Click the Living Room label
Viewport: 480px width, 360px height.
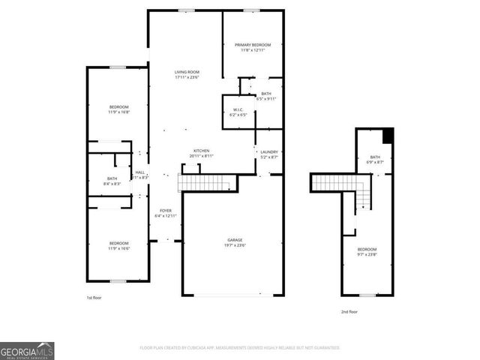tap(185, 73)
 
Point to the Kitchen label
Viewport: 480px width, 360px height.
tap(201, 153)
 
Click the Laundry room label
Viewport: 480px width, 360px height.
tap(269, 154)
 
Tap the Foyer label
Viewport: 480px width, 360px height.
tap(165, 213)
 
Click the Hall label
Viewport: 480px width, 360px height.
tap(139, 175)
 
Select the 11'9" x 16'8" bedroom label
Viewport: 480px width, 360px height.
tap(119, 109)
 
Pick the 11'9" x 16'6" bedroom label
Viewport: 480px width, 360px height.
tap(118, 245)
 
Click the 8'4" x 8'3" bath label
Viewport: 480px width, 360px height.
tap(112, 181)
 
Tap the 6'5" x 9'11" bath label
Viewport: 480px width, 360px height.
tap(266, 96)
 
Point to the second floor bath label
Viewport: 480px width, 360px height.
tap(375, 159)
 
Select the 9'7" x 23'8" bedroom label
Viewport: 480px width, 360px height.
tap(367, 251)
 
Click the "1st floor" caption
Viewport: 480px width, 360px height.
tap(94, 298)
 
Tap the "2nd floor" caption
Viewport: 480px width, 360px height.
tap(349, 311)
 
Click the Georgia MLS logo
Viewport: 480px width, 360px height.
tap(27, 350)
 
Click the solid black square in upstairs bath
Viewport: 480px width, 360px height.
tap(388, 135)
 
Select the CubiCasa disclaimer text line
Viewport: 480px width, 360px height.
tap(239, 348)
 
